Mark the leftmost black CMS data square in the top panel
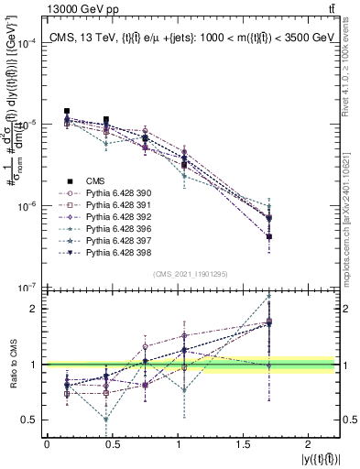click(x=67, y=111)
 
